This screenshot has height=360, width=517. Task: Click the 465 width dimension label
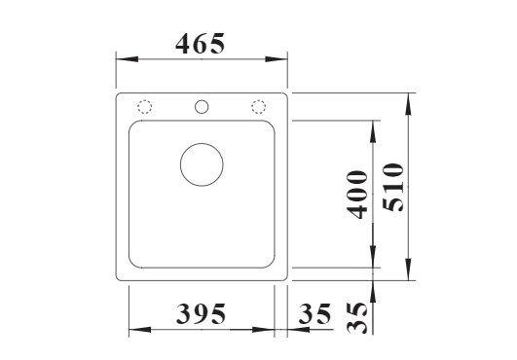tap(201, 44)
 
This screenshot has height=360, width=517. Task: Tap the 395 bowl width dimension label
tap(202, 314)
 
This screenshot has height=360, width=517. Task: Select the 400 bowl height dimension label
tap(356, 195)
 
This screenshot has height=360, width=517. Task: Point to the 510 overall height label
tap(392, 187)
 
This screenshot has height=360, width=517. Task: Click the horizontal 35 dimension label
tap(314, 314)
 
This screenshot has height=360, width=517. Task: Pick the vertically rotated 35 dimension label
tap(356, 318)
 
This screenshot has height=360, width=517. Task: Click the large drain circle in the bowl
tap(202, 143)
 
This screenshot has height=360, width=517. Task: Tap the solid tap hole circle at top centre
tap(202, 100)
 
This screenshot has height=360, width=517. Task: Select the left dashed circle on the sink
tap(144, 100)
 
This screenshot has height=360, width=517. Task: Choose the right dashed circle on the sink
tap(259, 100)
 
